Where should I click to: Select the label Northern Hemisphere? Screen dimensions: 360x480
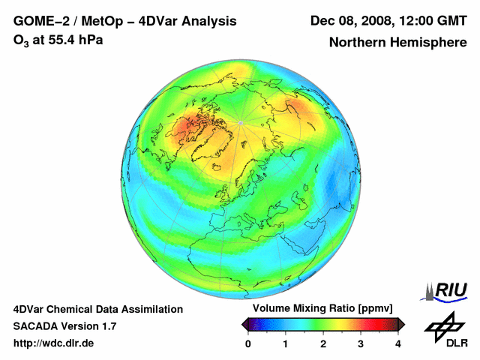pyautogui.click(x=397, y=43)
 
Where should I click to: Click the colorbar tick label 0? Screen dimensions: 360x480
pyautogui.click(x=248, y=343)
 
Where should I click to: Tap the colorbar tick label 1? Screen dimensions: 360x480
pyautogui.click(x=286, y=343)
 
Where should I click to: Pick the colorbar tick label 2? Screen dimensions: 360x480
pyautogui.click(x=323, y=343)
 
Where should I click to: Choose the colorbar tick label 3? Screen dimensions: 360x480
pyautogui.click(x=361, y=343)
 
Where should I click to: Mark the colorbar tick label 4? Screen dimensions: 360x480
pyautogui.click(x=398, y=343)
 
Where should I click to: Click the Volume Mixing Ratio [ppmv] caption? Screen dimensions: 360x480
pyautogui.click(x=322, y=309)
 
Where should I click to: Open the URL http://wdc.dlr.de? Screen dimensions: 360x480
pyautogui.click(x=54, y=343)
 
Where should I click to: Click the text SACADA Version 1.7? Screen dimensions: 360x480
pyautogui.click(x=64, y=326)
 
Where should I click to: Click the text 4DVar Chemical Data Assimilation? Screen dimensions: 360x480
pyautogui.click(x=98, y=309)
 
